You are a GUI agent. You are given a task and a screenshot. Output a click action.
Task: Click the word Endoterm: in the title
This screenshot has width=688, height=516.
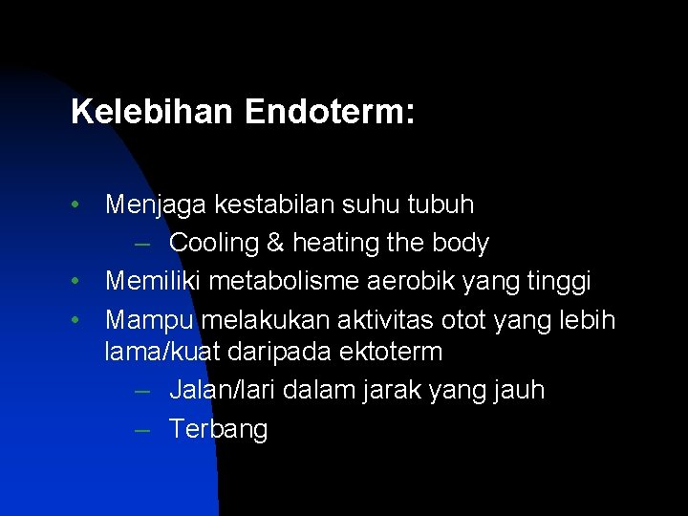point(330,113)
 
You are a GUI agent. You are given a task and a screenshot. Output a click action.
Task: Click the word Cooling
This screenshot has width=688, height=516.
point(214,244)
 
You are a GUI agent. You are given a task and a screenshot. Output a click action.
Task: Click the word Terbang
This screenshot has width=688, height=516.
point(219,430)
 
